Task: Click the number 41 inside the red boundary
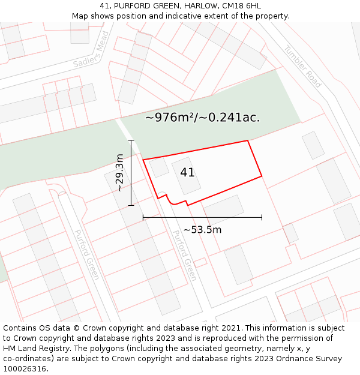click(x=187, y=173)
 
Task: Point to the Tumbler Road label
click(x=302, y=67)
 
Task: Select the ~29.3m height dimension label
click(x=119, y=173)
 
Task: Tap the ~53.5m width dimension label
click(x=202, y=230)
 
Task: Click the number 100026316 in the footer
click(x=25, y=369)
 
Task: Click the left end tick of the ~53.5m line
click(x=143, y=217)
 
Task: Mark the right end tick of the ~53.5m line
click(x=262, y=217)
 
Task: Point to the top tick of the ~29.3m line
click(x=131, y=140)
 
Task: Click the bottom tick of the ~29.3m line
click(x=131, y=206)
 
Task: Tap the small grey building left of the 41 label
click(x=160, y=167)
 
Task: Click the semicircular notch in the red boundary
click(x=172, y=200)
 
